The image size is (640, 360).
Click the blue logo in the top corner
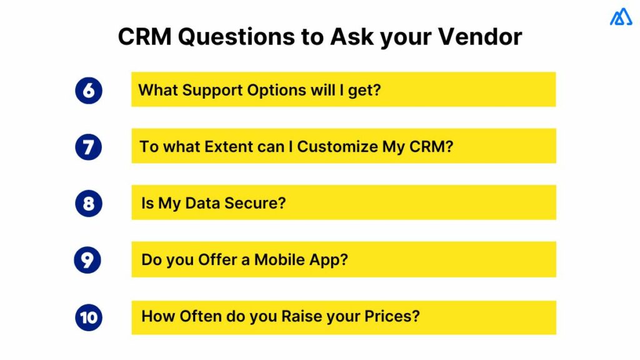[621, 17]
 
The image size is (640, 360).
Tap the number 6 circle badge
[88, 90]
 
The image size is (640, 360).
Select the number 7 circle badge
[88, 147]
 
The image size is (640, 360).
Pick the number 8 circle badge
[88, 204]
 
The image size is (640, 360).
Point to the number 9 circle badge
[87, 260]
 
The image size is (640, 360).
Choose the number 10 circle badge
[88, 317]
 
